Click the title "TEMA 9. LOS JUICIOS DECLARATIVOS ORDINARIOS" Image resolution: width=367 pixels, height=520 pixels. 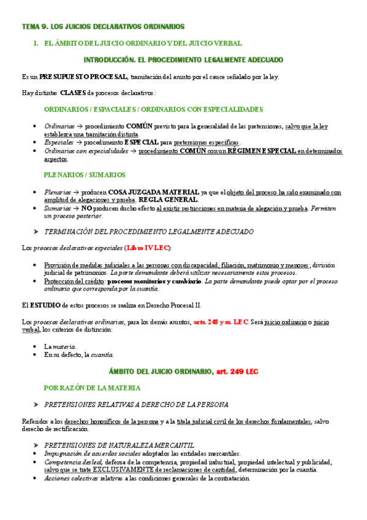tap(102, 27)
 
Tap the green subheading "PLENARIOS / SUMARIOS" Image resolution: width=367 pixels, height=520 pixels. tap(85, 175)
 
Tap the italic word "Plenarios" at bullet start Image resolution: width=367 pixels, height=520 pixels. tap(58, 192)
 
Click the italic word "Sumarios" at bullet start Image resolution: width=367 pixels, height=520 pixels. tap(58, 208)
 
